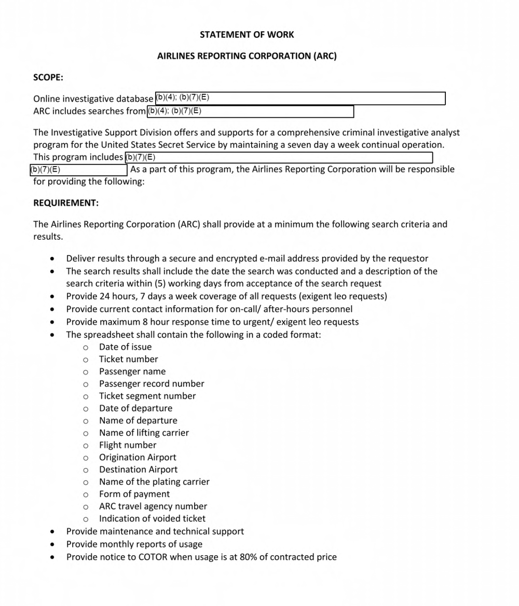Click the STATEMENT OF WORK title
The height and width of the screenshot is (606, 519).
(247, 35)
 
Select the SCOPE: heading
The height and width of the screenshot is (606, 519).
(48, 77)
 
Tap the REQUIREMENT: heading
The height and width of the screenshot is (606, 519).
(66, 203)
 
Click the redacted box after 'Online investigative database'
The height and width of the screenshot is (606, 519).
(300, 98)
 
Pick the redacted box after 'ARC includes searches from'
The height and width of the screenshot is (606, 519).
(250, 111)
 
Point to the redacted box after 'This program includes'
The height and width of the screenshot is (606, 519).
(278, 157)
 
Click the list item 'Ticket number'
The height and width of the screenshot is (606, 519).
(128, 359)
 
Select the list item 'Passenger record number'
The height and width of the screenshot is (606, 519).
(152, 384)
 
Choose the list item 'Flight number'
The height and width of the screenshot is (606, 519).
(127, 445)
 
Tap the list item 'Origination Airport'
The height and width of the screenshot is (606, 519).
(138, 458)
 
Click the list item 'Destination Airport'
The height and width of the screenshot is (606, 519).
(138, 470)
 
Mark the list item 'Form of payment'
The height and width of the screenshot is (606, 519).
(134, 494)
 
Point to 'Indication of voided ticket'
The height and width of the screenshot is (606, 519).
(152, 519)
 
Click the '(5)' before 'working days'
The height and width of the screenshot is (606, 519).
(161, 284)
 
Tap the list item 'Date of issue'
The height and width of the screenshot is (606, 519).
(125, 347)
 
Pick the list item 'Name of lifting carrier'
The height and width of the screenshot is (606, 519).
(144, 433)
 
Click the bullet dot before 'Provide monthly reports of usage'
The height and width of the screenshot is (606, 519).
(52, 545)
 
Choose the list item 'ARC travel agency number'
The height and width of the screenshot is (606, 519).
(153, 506)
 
